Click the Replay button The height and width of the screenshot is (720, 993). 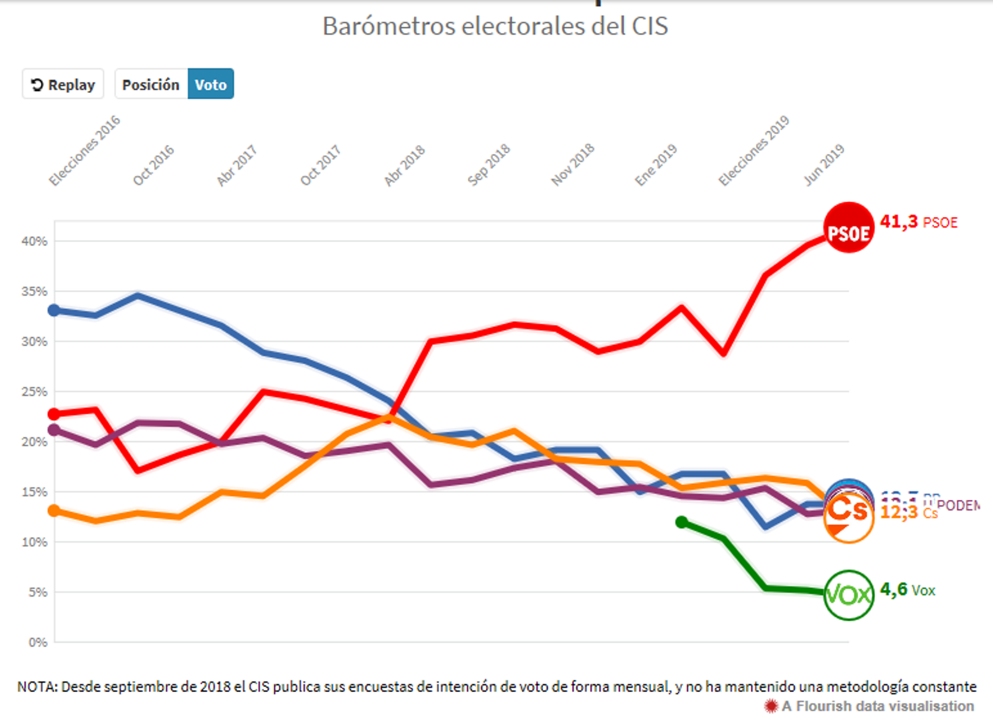63,84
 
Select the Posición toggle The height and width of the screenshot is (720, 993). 151,84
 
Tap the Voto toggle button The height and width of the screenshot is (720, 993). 210,84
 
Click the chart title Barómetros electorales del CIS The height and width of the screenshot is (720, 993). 495,26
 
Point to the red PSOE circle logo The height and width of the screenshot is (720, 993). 848,228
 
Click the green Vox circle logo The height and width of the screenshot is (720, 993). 848,595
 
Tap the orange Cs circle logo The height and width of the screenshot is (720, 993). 848,517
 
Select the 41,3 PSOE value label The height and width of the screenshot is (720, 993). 919,222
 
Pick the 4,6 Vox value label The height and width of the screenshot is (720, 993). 907,589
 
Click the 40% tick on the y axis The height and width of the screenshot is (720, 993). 34,241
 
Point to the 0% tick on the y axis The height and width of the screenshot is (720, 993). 37,642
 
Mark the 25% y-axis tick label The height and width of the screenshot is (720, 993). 34,392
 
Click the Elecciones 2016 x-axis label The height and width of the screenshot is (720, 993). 85,150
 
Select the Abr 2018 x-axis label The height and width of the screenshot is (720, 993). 405,165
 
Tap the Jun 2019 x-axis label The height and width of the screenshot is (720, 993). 824,164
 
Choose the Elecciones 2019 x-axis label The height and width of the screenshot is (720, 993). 754,150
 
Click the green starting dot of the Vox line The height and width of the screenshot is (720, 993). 681,522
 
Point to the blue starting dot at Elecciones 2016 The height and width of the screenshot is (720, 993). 55,310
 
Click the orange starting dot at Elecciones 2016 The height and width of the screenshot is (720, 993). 55,510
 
